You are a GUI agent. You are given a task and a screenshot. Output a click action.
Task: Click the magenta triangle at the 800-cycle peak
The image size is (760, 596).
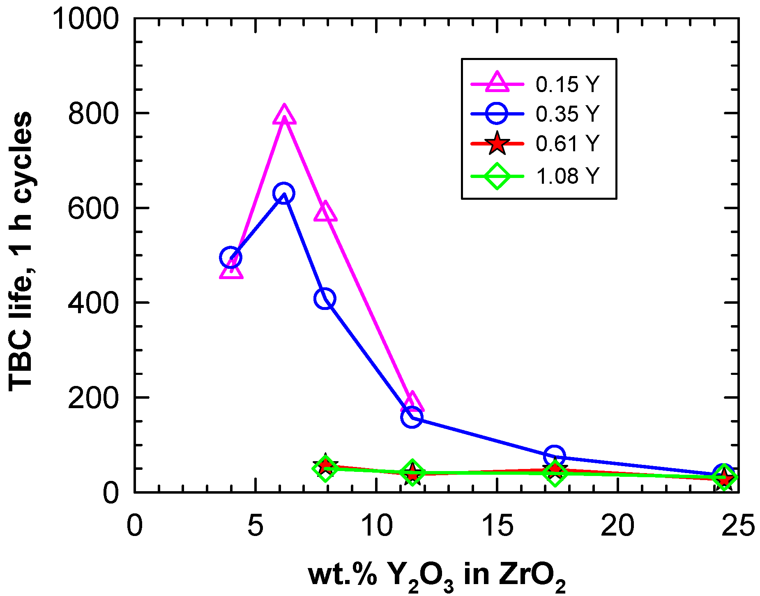tap(284, 115)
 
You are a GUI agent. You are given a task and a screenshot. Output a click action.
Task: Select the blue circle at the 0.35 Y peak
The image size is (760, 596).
tap(283, 193)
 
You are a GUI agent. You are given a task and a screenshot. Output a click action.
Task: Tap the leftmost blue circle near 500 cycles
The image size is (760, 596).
tap(230, 257)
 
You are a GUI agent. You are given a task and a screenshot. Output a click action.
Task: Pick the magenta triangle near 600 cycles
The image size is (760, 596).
tap(325, 212)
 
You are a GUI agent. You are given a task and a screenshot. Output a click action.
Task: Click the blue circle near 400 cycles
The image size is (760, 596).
tap(325, 298)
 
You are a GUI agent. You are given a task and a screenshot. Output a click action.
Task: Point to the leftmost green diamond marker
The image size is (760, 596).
tap(325, 468)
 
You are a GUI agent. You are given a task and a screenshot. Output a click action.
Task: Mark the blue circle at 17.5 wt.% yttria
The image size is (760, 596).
tap(554, 455)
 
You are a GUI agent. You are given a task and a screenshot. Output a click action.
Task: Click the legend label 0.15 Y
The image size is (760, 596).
tap(567, 84)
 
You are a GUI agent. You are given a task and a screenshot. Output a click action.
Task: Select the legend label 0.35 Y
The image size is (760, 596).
tap(567, 113)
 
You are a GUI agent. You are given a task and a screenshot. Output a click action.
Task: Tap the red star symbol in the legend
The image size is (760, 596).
tap(497, 144)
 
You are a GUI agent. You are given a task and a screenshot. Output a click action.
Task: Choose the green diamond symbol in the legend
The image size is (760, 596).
tap(497, 176)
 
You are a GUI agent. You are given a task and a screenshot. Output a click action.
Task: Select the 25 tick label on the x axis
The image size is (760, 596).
tap(738, 525)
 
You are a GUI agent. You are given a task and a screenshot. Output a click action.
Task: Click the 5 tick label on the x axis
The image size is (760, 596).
tap(255, 525)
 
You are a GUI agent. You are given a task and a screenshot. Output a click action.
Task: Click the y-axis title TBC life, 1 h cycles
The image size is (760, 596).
tap(21, 252)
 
